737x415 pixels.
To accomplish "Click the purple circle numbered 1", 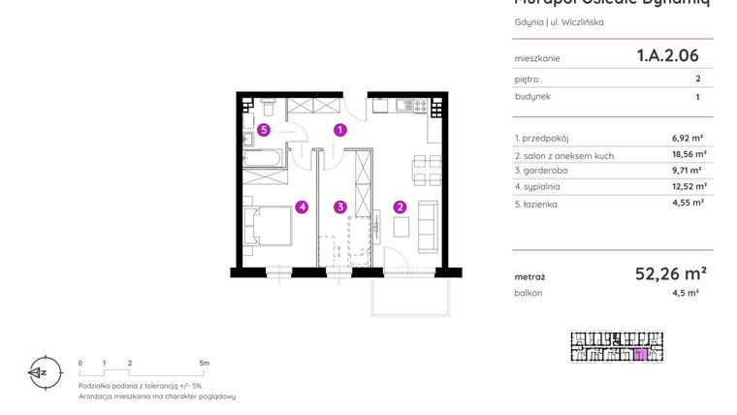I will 340,129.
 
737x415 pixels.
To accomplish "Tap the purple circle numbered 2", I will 399,206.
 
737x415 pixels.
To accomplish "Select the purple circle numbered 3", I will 340,206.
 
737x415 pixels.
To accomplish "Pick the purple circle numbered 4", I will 303,206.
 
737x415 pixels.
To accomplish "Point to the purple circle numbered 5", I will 263,129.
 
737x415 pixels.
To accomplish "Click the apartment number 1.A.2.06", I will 667,56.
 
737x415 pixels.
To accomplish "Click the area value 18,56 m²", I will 689,154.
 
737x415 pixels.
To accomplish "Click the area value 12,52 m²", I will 689,187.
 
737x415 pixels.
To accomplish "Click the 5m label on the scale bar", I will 204,363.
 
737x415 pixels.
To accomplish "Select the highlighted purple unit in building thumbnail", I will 639,354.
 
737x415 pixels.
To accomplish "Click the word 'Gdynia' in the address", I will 529,21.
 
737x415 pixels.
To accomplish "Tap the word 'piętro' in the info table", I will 527,80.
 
